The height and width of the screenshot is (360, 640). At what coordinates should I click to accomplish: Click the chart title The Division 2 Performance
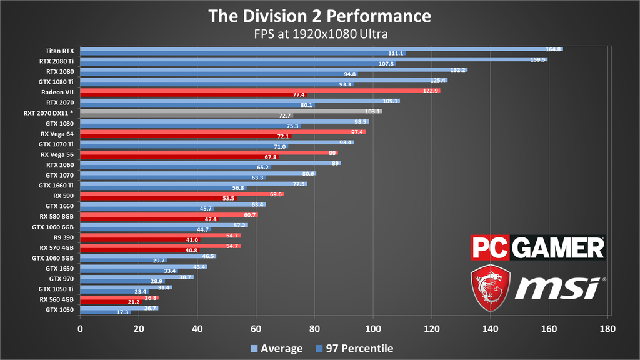[319, 16]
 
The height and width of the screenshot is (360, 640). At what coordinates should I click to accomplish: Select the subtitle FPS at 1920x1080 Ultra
[319, 34]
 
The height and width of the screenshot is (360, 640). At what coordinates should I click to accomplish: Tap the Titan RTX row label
[60, 51]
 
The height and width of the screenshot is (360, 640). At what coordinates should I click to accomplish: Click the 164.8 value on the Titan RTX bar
[554, 49]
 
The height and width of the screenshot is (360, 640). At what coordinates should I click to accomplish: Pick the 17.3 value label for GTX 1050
[122, 312]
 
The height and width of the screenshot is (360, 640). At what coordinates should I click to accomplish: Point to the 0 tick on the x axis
[80, 328]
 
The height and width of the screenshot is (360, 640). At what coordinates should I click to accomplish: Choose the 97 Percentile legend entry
[354, 349]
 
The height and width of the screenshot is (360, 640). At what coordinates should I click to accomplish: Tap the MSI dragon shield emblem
[491, 287]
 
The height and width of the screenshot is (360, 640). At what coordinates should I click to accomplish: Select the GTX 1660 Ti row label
[56, 185]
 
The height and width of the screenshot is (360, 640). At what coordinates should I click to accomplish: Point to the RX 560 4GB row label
[56, 299]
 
